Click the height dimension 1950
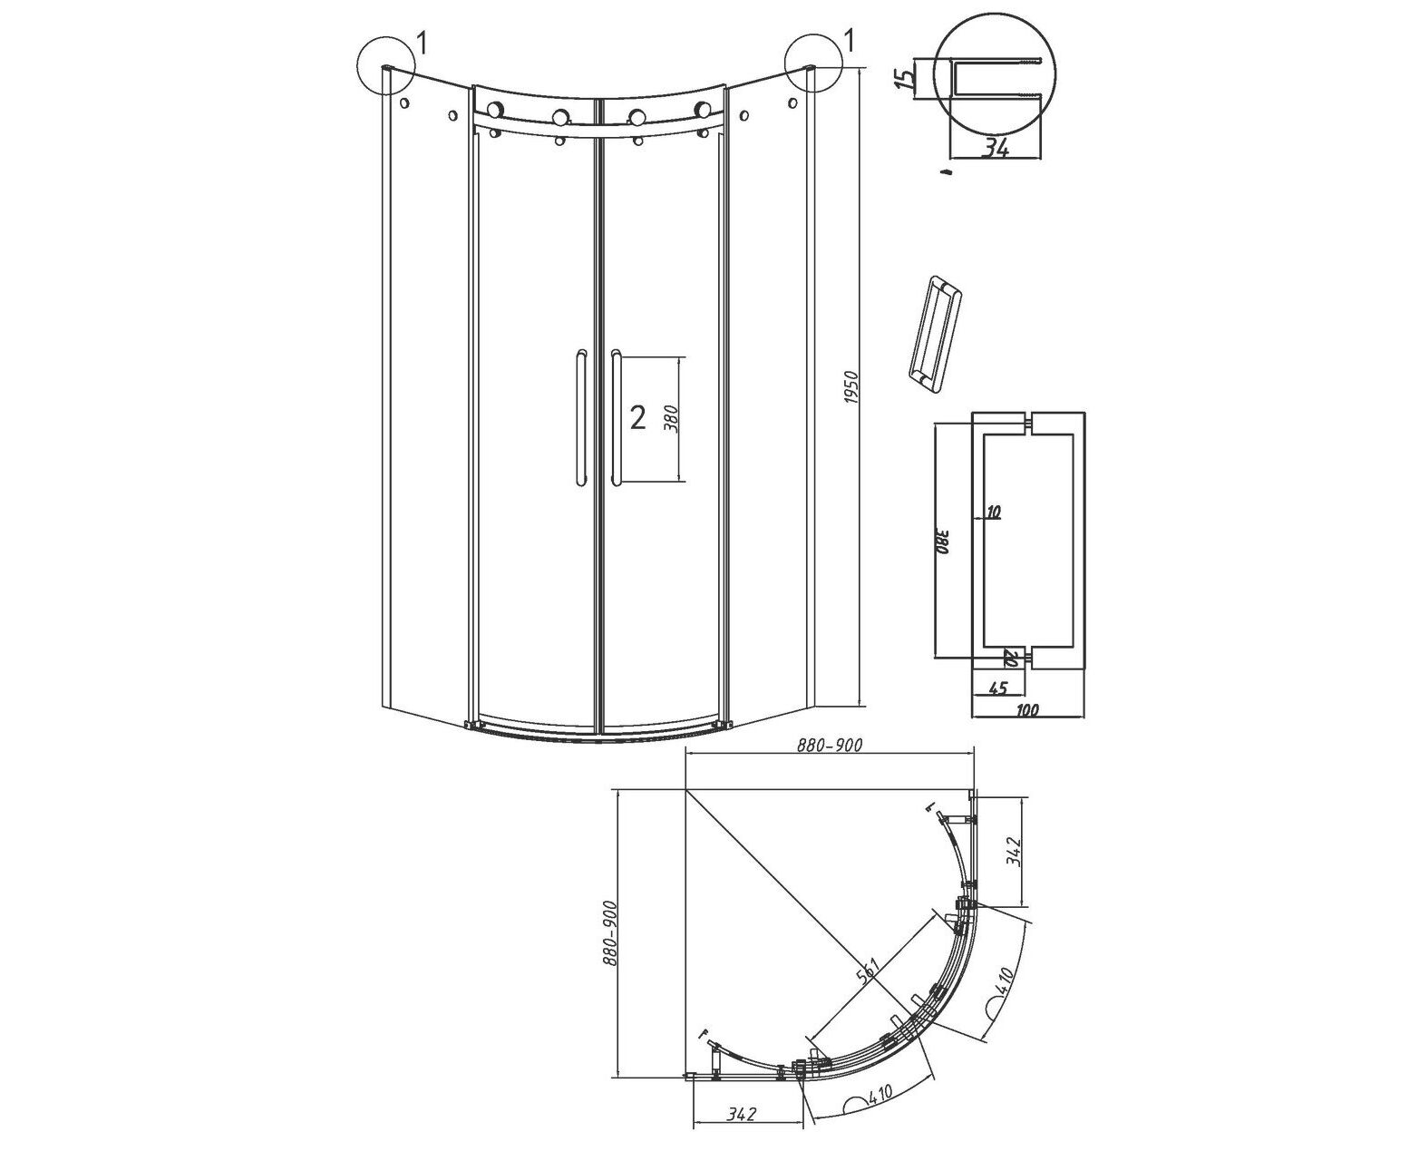[x=851, y=387]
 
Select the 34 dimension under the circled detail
[x=996, y=148]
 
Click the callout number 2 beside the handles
[x=637, y=418]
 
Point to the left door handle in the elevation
[x=580, y=417]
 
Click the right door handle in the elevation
[x=616, y=417]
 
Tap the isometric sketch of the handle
[x=934, y=332]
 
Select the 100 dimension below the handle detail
[x=1027, y=709]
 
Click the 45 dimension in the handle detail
[x=999, y=688]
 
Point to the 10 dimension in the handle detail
[x=993, y=512]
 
